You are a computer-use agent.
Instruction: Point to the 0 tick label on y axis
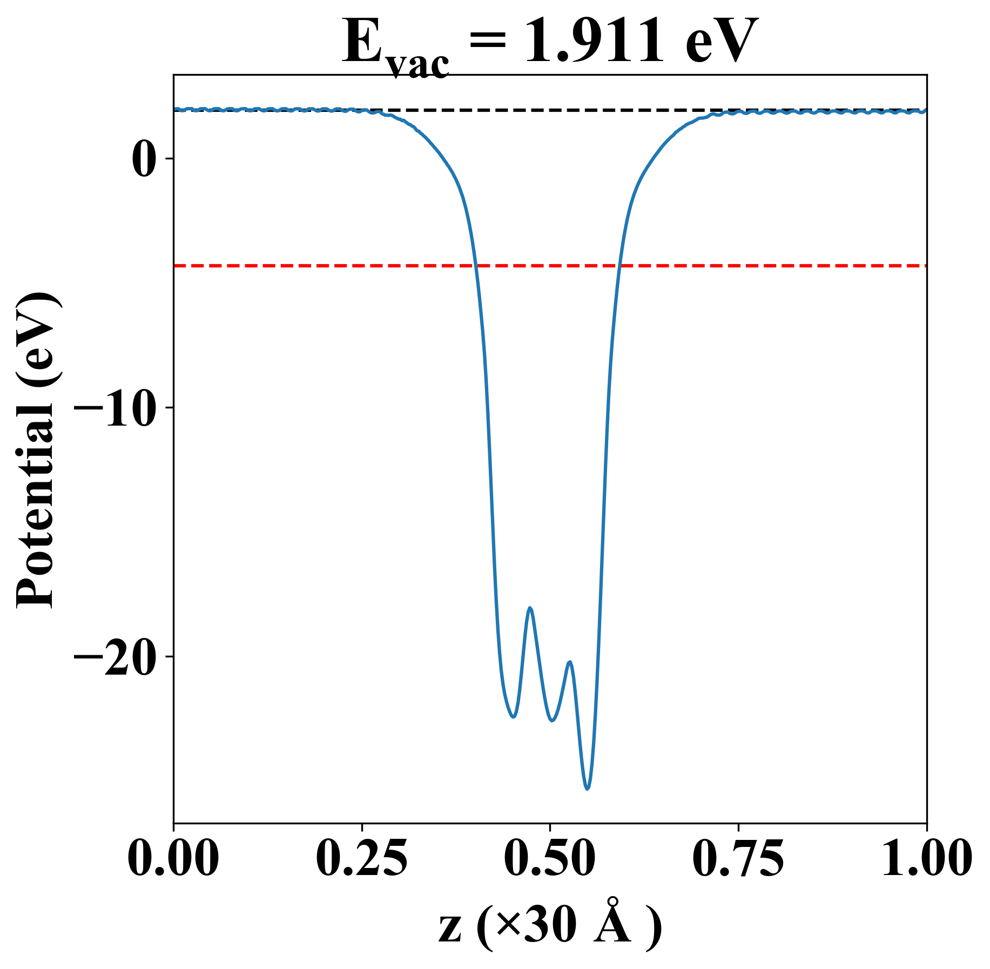pos(144,160)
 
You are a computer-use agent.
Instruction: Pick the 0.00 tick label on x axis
pos(173,858)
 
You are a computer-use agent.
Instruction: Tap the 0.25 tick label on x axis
pos(361,858)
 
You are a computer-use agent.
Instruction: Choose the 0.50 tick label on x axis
pos(550,858)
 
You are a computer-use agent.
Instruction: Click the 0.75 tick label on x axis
pos(738,858)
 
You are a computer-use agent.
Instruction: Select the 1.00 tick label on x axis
pos(926,858)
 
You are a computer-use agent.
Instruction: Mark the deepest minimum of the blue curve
pos(587,789)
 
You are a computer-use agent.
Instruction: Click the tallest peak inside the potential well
pos(530,608)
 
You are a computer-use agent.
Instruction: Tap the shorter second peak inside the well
pos(570,662)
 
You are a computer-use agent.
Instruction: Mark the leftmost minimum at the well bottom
pos(513,717)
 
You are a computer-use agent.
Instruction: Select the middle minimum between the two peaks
pos(551,721)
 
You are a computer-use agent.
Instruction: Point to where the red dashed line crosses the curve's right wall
pos(620,266)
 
